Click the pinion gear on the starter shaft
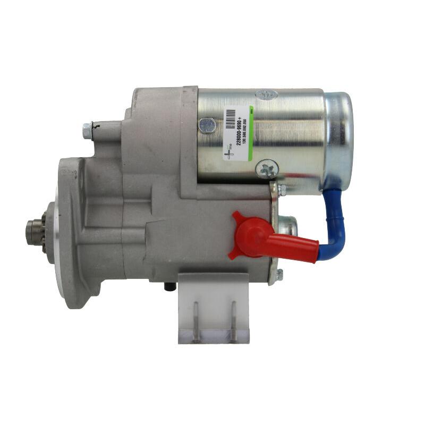point(35,229)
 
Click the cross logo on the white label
point(228,152)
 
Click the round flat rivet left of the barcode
point(207,125)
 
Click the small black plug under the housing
point(168,286)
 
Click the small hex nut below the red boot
point(279,275)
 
